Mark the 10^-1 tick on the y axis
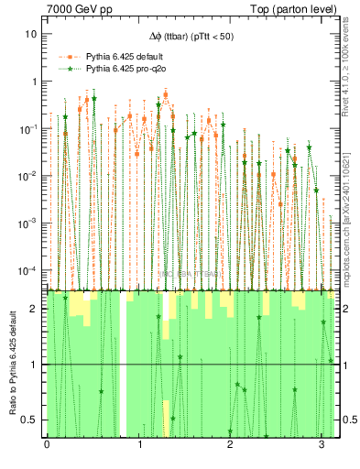(29, 128)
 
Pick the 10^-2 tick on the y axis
(29, 176)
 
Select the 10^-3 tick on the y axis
(29, 224)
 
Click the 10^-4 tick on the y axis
(29, 271)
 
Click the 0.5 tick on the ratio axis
(31, 420)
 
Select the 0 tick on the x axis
(47, 445)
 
